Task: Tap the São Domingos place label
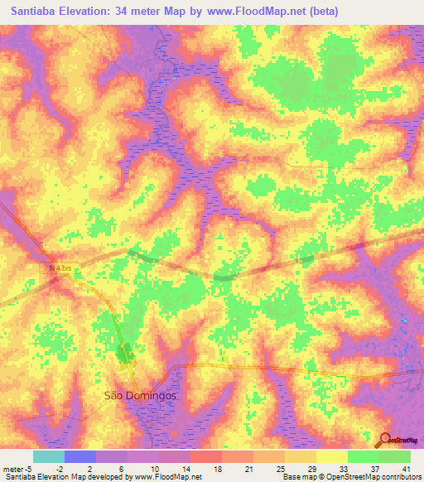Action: click(139, 396)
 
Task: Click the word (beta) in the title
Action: click(321, 12)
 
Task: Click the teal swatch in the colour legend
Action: click(49, 456)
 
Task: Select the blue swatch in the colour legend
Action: click(80, 456)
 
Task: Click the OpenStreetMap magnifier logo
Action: click(384, 441)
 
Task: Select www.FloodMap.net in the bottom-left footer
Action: click(165, 477)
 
